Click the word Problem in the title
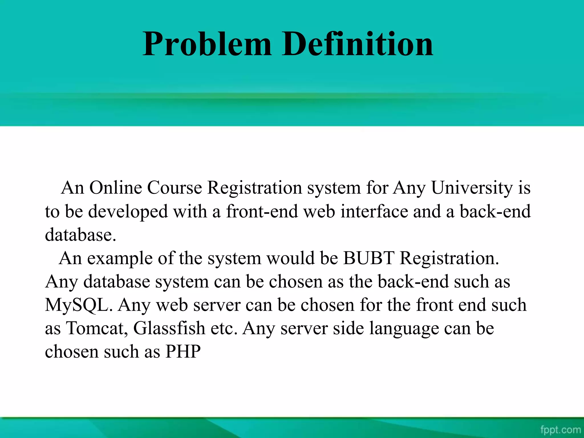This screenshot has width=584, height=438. tap(207, 44)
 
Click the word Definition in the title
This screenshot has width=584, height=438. tap(358, 44)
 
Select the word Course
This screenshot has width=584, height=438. tap(175, 188)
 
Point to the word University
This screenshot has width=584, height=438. tap(472, 188)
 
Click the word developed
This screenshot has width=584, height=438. tap(128, 212)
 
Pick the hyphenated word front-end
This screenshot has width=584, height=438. tap(262, 212)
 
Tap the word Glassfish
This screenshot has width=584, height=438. tap(169, 328)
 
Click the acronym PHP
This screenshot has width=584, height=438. tap(183, 351)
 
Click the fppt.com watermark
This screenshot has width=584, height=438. tap(560, 429)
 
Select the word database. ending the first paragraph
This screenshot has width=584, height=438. tap(80, 235)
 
